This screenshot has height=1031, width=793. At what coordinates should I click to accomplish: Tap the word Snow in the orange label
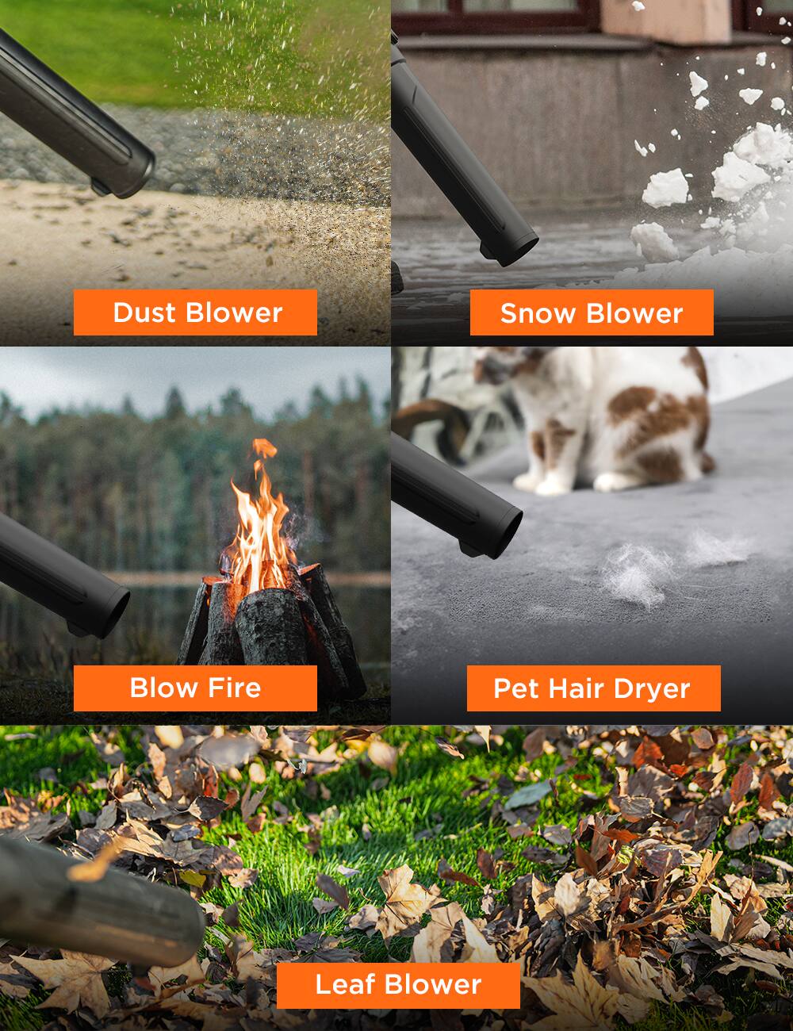tap(531, 313)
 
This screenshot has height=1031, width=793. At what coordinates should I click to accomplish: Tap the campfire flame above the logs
tap(256, 515)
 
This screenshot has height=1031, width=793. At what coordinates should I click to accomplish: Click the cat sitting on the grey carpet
tap(611, 420)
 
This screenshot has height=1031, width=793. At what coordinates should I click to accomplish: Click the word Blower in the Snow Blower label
tap(635, 313)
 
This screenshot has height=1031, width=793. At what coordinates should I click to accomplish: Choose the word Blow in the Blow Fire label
tap(163, 687)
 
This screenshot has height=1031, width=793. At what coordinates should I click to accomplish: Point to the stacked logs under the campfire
tap(270, 619)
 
